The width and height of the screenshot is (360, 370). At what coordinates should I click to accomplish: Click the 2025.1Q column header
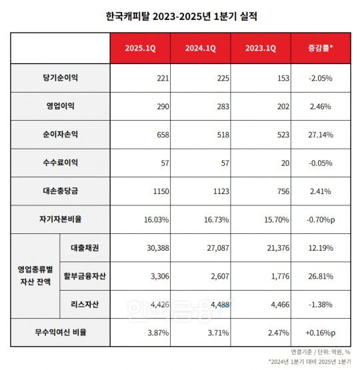coord(139,49)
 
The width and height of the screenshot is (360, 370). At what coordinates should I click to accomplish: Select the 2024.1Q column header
coord(199,49)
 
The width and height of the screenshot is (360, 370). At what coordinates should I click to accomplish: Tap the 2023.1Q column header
coord(260,49)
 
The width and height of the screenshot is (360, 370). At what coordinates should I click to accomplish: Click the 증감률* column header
coord(321,49)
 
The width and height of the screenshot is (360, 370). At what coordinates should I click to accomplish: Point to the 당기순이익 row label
coord(60,78)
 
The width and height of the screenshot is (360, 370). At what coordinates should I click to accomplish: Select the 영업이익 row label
coord(60,106)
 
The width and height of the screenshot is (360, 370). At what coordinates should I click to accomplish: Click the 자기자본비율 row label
coord(60,218)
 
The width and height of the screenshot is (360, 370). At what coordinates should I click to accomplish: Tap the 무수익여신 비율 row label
coord(60,331)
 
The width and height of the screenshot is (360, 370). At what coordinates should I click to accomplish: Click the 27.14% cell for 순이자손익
coord(321,134)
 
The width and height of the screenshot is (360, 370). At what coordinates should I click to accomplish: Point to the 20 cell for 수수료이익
coord(284,162)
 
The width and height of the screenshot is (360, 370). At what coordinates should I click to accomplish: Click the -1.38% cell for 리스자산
coord(321,303)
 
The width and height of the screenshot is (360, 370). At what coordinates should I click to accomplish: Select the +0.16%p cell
coord(321,331)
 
